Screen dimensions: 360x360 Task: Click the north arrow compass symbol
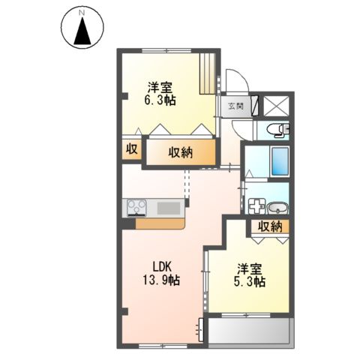(x=82, y=28)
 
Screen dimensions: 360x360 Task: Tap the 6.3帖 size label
(x=160, y=99)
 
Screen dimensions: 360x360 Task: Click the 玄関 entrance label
(x=235, y=106)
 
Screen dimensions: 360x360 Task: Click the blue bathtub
(x=279, y=160)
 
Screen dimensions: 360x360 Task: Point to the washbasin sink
(x=277, y=208)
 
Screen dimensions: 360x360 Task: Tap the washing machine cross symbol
(x=256, y=208)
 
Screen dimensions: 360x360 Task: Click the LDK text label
(x=163, y=266)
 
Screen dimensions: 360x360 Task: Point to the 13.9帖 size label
(x=163, y=280)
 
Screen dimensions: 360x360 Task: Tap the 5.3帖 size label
(x=248, y=282)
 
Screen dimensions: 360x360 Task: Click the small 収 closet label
(x=130, y=149)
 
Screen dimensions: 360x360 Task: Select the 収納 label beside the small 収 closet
(x=180, y=152)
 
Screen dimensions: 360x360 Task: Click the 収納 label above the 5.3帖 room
(x=270, y=226)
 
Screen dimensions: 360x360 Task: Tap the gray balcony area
(x=249, y=331)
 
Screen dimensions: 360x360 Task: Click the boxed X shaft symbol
(x=275, y=104)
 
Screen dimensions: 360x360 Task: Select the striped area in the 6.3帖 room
(x=206, y=73)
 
